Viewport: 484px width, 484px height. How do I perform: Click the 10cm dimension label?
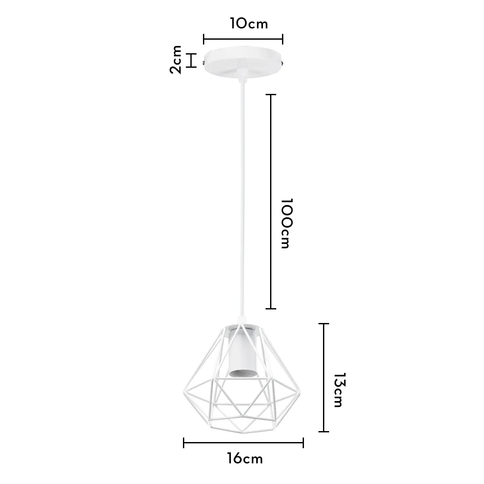tap(249, 24)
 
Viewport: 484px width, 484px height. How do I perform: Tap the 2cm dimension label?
tap(176, 60)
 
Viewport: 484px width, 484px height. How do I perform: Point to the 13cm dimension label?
tap(339, 390)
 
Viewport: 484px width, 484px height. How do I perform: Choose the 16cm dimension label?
tap(245, 459)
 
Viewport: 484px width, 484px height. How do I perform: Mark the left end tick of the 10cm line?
tap(204, 39)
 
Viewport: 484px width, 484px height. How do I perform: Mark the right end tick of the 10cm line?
tap(283, 39)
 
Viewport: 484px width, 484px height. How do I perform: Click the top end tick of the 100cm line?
tap(271, 95)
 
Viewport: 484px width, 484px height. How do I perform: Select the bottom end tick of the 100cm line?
tap(271, 309)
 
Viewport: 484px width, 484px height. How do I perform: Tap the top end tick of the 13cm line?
tap(324, 324)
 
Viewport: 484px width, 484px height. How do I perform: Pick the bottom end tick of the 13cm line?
tap(324, 431)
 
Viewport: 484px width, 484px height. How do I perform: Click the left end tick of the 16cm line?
tap(184, 443)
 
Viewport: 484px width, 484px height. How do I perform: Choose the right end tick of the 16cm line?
tap(303, 443)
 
